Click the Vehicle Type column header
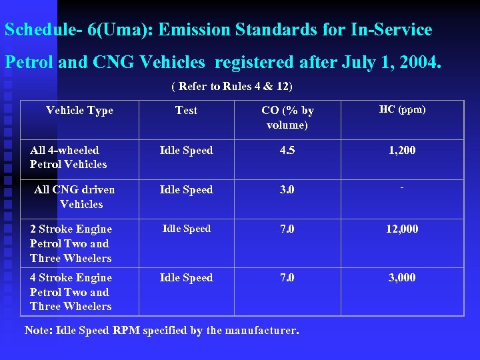79,111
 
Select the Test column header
186,111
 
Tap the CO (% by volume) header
287,117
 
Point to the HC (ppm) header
402,109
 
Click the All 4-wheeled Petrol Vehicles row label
68,157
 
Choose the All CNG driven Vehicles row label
75,197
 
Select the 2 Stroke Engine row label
71,243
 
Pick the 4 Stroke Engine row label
71,292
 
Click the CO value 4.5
287,151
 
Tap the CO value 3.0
287,190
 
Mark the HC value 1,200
402,151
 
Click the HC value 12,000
402,229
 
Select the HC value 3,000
402,278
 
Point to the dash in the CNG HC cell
402,189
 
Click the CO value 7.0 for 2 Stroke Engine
287,229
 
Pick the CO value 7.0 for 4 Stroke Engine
287,278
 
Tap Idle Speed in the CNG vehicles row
186,190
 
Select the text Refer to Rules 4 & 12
231,87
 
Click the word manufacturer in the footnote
258,331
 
